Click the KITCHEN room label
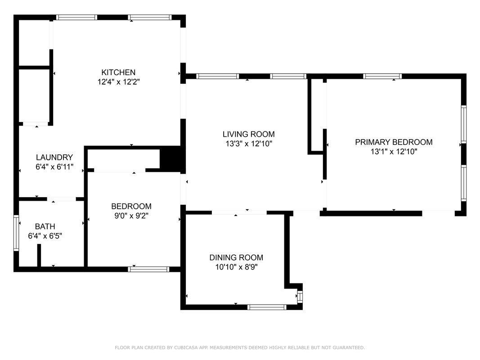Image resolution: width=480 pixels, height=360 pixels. click(x=118, y=72)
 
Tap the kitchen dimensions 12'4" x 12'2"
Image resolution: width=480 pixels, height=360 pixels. click(x=119, y=82)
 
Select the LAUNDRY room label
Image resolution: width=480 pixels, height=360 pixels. click(x=54, y=157)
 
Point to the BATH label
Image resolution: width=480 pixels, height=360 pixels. click(x=45, y=226)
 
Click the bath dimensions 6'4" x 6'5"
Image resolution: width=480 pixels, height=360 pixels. click(x=45, y=236)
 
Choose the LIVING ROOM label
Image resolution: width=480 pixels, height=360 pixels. click(x=249, y=134)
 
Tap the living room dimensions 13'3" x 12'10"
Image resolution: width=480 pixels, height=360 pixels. click(x=249, y=144)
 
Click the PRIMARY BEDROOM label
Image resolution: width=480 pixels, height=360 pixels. click(x=394, y=142)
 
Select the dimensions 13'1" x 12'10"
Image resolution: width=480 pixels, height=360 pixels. click(x=394, y=152)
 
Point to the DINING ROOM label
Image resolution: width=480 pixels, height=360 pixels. click(x=236, y=257)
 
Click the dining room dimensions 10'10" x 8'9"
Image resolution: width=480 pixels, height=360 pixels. click(x=236, y=267)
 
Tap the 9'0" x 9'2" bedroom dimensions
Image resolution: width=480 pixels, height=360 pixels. click(x=131, y=216)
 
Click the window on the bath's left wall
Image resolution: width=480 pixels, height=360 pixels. click(x=16, y=233)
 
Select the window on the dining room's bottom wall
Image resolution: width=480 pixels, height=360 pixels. click(x=267, y=307)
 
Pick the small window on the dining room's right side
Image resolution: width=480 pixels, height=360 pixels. click(x=300, y=297)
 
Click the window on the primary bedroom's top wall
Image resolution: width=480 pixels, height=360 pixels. click(x=382, y=76)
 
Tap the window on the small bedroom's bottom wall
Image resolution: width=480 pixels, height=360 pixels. click(x=148, y=270)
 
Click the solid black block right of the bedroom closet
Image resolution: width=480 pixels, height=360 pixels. click(x=173, y=158)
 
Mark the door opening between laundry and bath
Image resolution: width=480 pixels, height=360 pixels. click(x=62, y=199)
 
